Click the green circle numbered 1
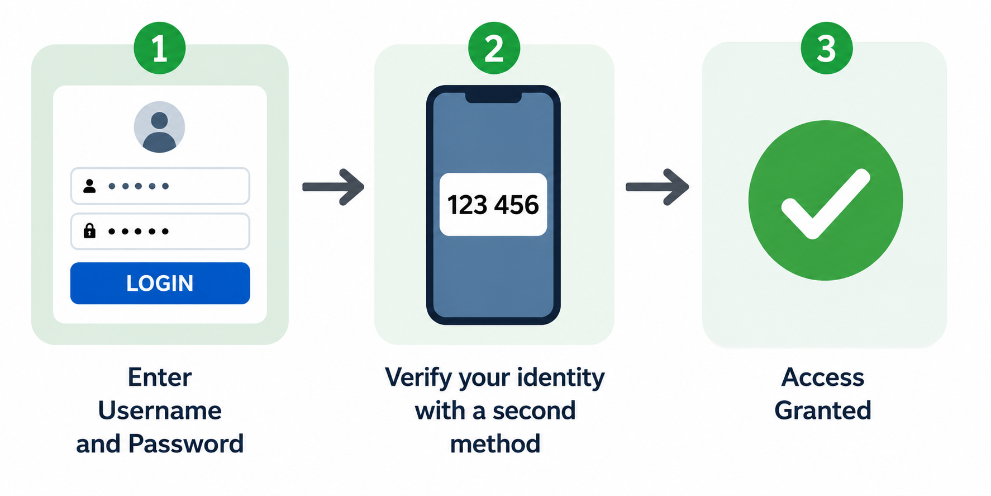tap(160, 48)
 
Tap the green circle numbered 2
tap(494, 48)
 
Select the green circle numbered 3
tap(827, 48)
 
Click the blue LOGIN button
tap(160, 283)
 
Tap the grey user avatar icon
tap(159, 127)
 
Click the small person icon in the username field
tap(89, 186)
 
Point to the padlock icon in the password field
tap(89, 230)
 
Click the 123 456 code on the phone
tap(493, 205)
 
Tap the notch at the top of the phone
tap(493, 97)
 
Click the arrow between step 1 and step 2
tap(333, 187)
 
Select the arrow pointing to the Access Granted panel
tap(658, 187)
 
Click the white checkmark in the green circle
tap(826, 204)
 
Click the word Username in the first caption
tap(160, 411)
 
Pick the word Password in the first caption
tap(186, 444)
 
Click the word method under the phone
tap(495, 444)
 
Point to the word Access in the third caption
tap(823, 377)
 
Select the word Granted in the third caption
tap(823, 411)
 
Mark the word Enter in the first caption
tap(160, 377)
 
